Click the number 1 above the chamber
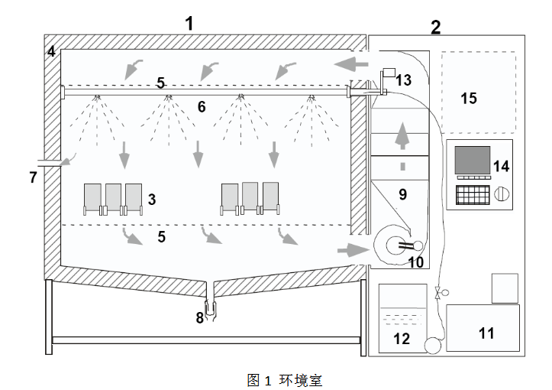[189, 22]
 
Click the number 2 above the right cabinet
[435, 28]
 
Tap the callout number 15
[469, 98]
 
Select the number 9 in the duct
[402, 194]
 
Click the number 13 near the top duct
[403, 80]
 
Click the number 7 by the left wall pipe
[33, 177]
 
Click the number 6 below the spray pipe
[202, 107]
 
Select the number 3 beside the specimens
[152, 200]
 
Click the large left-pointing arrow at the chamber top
[352, 60]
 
